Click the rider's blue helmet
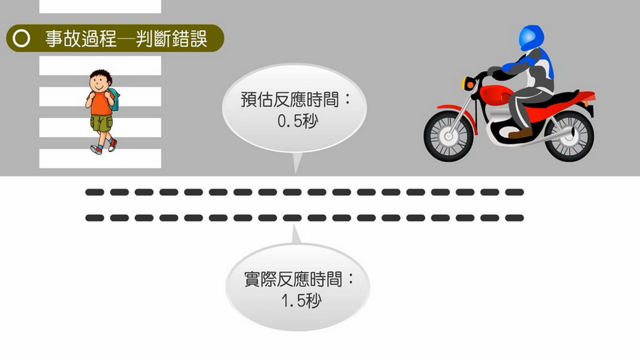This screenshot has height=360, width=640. [x=531, y=38]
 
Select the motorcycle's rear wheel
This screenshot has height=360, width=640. [x=569, y=136]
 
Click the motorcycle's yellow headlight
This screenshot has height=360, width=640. [x=466, y=84]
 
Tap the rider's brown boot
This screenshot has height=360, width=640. [x=520, y=134]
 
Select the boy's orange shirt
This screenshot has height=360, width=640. [x=99, y=104]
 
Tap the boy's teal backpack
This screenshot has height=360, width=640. [x=115, y=99]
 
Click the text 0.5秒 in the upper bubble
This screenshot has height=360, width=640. [x=297, y=121]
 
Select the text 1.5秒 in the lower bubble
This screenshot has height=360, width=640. [x=301, y=301]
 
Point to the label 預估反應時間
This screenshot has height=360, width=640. [x=290, y=99]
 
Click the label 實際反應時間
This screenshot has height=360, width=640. [x=293, y=279]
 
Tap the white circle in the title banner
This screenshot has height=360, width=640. [x=21, y=39]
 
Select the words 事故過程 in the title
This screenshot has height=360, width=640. [x=81, y=39]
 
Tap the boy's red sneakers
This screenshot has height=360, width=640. [x=104, y=147]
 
